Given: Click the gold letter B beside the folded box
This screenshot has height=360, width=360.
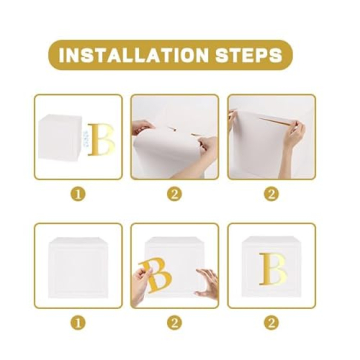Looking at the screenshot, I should tap(100, 140).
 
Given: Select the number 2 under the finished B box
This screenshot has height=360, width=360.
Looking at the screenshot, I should tap(270, 323).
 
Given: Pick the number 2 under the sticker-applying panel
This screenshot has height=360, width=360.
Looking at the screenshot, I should tap(174, 323).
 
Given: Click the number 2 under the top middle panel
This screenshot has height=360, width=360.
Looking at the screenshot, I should tap(174, 194).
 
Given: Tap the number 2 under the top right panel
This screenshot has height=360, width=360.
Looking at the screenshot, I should tap(270, 194).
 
